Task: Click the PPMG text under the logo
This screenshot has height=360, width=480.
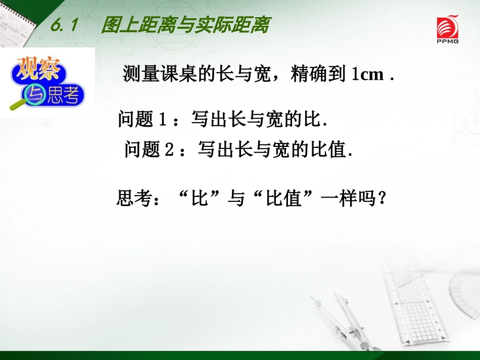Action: tap(448, 41)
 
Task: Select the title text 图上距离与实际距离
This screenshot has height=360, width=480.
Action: tap(184, 24)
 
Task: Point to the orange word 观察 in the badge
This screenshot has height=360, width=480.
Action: tap(38, 68)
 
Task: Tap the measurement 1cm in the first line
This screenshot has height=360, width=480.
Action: tap(367, 75)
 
